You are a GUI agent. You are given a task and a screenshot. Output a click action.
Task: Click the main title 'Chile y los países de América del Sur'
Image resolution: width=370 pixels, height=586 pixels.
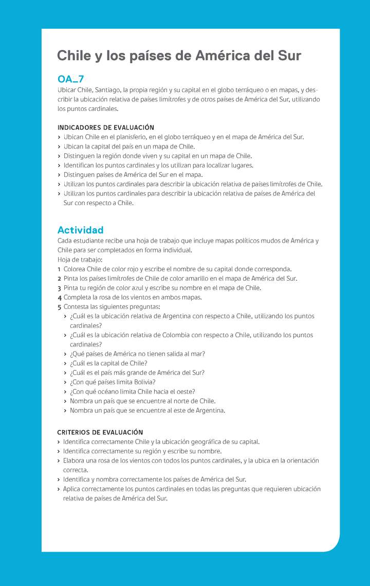(179, 56)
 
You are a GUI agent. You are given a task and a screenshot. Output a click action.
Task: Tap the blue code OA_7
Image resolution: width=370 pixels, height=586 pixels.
(70, 79)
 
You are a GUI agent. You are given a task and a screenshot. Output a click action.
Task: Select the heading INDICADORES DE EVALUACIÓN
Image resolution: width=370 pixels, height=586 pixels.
(105, 127)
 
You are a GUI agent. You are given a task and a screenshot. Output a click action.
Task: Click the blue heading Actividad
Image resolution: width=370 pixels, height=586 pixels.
(80, 230)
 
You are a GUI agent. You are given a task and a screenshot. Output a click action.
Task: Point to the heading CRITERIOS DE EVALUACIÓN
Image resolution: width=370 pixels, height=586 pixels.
(100, 432)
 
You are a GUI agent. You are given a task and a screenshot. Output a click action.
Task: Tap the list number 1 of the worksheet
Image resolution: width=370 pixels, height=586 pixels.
(59, 269)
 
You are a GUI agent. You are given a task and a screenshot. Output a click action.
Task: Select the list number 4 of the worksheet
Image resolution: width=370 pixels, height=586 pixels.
(60, 298)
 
